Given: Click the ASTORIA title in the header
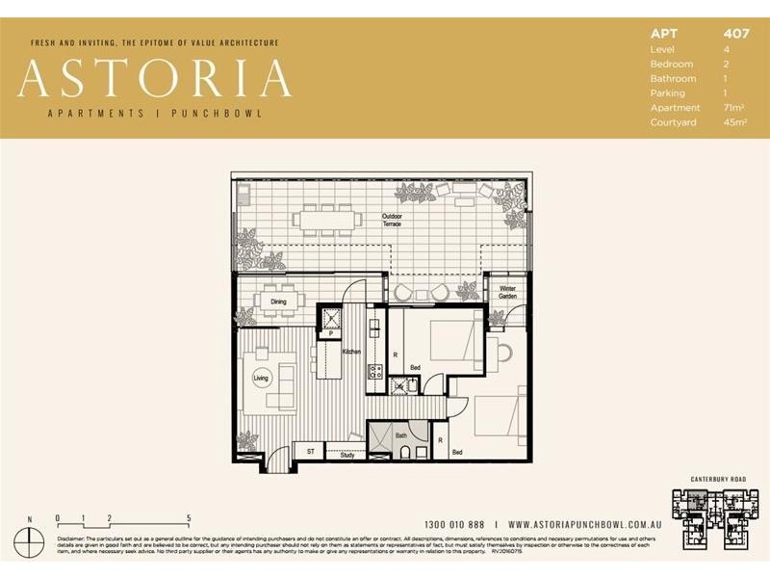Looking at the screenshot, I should click(x=154, y=79).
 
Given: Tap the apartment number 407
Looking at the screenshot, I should click(x=735, y=34).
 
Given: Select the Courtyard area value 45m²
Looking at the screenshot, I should click(x=735, y=122).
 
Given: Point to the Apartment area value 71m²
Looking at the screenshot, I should click(x=735, y=108).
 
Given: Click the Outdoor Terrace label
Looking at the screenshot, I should click(x=392, y=220).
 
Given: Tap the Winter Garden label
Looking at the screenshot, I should click(x=506, y=292).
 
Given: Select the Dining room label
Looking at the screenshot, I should click(x=278, y=302).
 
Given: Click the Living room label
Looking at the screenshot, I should click(x=261, y=379).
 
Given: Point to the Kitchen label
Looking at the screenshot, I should click(x=351, y=352).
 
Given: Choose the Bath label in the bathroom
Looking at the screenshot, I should click(x=401, y=435).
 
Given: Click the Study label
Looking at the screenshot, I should click(x=347, y=455).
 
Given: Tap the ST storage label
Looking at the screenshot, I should click(x=310, y=450).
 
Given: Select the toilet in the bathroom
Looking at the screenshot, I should click(x=407, y=452).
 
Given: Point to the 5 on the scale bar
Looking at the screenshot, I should click(x=190, y=517).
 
